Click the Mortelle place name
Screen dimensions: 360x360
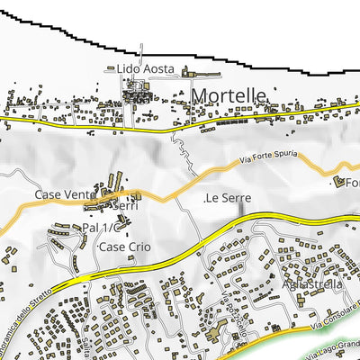point(228,95)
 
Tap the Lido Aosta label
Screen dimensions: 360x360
point(150,68)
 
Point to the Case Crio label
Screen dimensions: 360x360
point(125,246)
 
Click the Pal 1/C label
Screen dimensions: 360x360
point(105,228)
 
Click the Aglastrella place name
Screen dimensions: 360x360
point(310,284)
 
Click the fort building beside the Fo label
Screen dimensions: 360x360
point(340,182)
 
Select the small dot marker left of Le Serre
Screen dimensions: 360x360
point(205,197)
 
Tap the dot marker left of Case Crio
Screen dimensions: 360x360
point(94,246)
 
